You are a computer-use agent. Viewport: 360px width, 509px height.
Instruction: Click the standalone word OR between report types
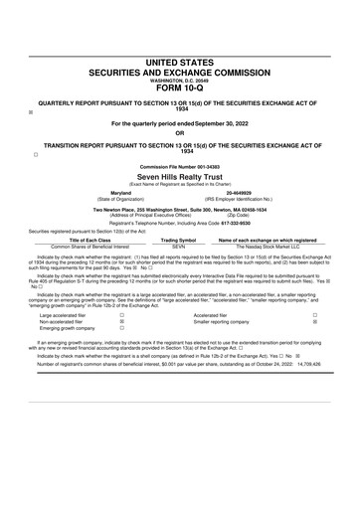(179, 132)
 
